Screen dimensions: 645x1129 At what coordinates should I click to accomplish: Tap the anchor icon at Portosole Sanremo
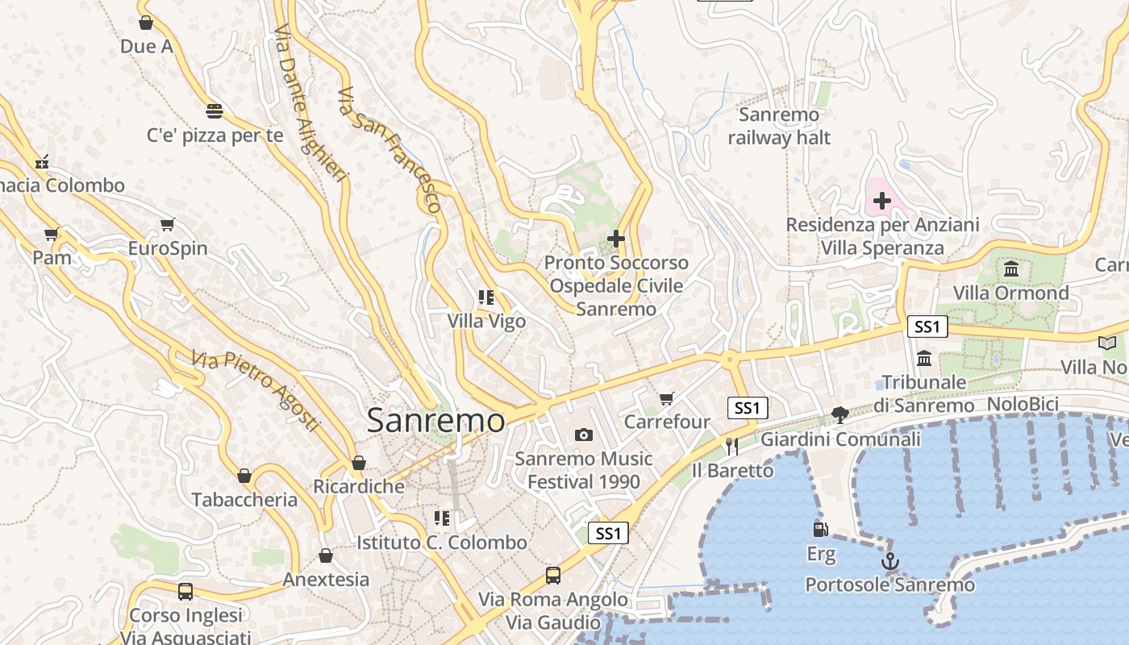coord(890,561)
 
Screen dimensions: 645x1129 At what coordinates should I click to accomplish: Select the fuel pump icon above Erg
coord(821,530)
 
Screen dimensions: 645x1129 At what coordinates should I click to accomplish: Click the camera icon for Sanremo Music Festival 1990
coord(584,435)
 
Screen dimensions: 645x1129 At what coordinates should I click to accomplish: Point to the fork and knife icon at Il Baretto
coord(732,446)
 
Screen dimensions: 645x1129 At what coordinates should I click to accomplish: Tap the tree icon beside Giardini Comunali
coord(840,415)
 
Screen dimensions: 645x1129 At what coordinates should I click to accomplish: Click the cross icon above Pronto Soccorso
coord(616,239)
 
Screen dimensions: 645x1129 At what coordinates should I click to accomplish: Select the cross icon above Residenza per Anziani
coord(882,201)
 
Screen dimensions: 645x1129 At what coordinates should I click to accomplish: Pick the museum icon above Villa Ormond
coord(1011,268)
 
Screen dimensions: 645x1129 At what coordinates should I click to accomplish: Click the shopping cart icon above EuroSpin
coord(168,225)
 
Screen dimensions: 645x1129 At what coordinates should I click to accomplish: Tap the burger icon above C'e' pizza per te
coord(215,110)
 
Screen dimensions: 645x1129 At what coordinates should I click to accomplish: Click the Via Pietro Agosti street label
coord(256,391)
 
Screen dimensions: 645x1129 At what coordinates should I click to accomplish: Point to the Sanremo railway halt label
coord(779,127)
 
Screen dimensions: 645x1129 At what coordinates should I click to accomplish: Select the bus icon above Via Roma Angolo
coord(553,576)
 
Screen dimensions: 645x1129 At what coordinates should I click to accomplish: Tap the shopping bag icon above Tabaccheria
coord(244,476)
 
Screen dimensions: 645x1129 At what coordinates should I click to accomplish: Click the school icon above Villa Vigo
coord(486,298)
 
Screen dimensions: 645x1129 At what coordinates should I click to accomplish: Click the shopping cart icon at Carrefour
coord(667,398)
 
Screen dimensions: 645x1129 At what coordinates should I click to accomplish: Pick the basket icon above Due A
coord(146,23)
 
